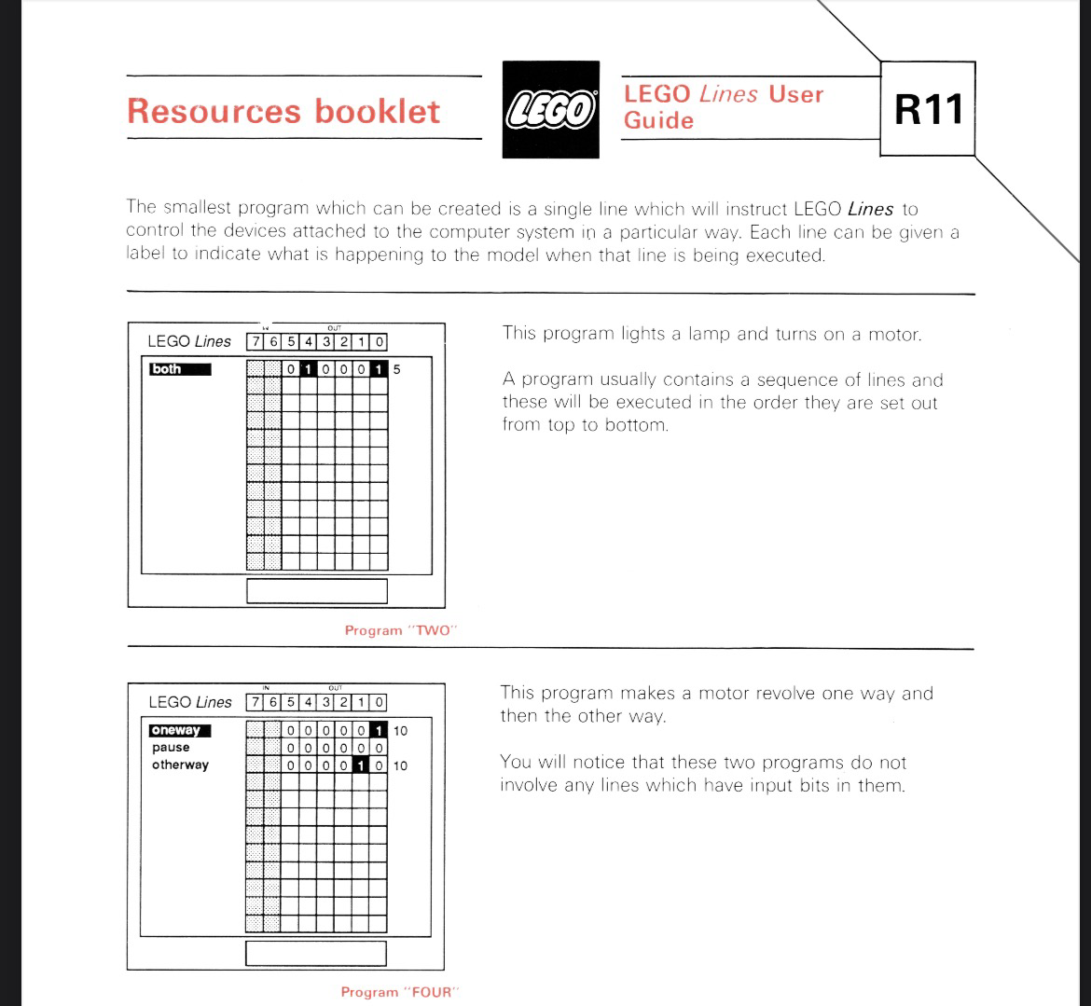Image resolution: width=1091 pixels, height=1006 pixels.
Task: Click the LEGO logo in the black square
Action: [551, 109]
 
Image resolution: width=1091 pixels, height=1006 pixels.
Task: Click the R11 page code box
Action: [928, 108]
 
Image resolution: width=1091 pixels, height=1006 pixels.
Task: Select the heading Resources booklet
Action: [283, 111]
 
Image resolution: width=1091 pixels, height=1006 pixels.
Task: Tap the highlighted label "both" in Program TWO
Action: [180, 369]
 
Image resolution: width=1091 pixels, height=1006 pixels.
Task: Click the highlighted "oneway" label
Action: [180, 731]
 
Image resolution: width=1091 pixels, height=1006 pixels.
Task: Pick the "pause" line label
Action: [172, 748]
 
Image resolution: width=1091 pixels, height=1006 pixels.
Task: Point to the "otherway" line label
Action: [180, 765]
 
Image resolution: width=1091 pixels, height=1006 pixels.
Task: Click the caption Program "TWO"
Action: [401, 630]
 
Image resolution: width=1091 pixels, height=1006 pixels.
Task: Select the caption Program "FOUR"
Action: [400, 992]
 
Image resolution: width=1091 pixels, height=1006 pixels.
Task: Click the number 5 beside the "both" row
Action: [396, 369]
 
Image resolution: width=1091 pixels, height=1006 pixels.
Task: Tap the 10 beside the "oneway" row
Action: [400, 731]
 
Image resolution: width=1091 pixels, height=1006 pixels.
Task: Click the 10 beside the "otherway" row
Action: [400, 766]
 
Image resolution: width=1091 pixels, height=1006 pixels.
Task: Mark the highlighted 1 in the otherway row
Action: [361, 765]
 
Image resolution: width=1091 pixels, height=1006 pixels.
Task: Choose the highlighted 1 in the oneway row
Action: [379, 731]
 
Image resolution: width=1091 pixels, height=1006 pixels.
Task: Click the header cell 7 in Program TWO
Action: [255, 341]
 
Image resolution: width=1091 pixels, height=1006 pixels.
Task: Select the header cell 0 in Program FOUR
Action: [379, 703]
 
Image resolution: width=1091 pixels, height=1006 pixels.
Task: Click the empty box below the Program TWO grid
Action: [317, 591]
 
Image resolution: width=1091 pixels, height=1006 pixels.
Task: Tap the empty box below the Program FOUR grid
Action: [316, 953]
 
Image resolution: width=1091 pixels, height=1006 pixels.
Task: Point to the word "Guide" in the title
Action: [659, 120]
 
